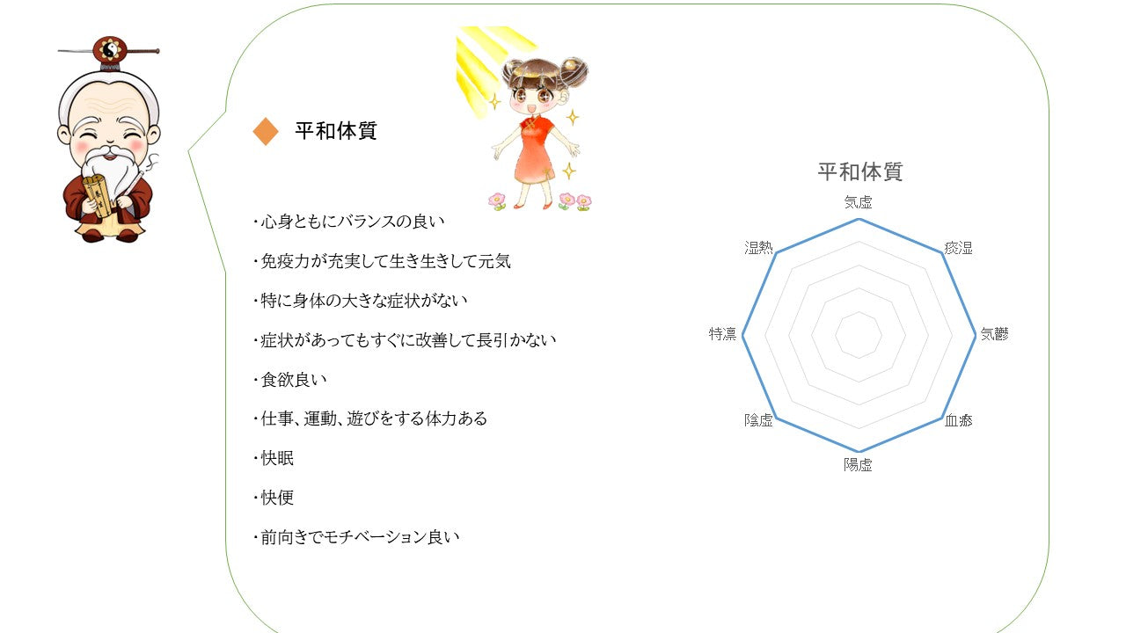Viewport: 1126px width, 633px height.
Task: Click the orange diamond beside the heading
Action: [x=266, y=131]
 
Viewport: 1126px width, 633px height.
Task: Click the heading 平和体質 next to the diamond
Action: [x=336, y=131]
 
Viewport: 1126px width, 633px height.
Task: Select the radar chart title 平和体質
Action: [x=860, y=171]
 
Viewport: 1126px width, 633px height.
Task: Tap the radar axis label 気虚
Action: [x=858, y=202]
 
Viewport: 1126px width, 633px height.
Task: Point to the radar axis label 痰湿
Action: [x=958, y=248]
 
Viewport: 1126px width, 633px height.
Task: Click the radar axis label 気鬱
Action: [x=994, y=333]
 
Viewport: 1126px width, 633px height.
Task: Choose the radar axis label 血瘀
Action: [x=958, y=420]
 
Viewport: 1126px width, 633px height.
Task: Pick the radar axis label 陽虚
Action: [x=858, y=465]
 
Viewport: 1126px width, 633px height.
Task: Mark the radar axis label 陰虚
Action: [x=758, y=420]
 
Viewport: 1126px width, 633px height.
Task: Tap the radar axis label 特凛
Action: [x=722, y=333]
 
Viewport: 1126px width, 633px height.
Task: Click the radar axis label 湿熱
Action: [x=758, y=248]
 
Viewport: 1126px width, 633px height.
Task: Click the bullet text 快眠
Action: [x=277, y=458]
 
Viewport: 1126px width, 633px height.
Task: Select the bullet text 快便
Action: [x=277, y=498]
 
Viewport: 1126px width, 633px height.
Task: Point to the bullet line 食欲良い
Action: [x=294, y=379]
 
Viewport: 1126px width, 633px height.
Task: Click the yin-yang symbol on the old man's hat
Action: [x=110, y=49]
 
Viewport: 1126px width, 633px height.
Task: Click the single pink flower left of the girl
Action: [x=497, y=201]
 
